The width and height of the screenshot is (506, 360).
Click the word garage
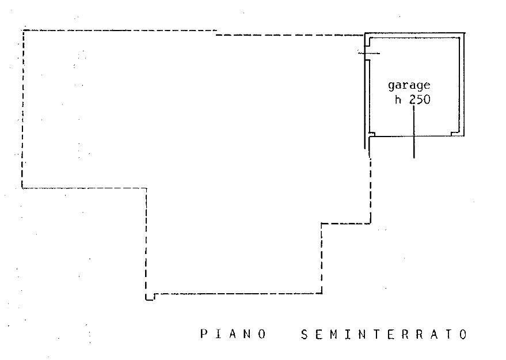click(x=409, y=86)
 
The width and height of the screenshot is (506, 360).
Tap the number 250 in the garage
click(x=420, y=100)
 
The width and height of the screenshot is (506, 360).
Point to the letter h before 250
click(x=398, y=100)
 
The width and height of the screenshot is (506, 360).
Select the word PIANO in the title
click(x=233, y=334)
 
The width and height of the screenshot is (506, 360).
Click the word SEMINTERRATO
click(x=384, y=334)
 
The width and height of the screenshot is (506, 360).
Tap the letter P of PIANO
click(x=204, y=334)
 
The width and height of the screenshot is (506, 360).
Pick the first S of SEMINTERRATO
click(x=305, y=334)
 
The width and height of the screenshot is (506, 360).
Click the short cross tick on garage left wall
click(x=369, y=53)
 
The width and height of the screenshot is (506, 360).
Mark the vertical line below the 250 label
click(x=414, y=132)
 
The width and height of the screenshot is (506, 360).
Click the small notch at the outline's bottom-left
click(x=150, y=297)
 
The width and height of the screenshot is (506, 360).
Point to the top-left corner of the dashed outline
click(x=23, y=31)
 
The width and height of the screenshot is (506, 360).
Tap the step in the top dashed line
click(x=216, y=33)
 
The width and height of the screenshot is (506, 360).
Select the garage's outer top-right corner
click(x=465, y=33)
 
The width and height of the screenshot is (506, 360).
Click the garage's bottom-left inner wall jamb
click(x=372, y=134)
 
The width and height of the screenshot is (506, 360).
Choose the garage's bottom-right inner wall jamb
click(x=455, y=134)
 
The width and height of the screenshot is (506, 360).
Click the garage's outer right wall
click(x=464, y=84)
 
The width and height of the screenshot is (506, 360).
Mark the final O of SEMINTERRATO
click(x=464, y=334)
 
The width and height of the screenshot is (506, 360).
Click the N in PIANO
click(x=248, y=334)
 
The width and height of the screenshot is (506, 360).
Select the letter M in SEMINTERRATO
click(x=333, y=334)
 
